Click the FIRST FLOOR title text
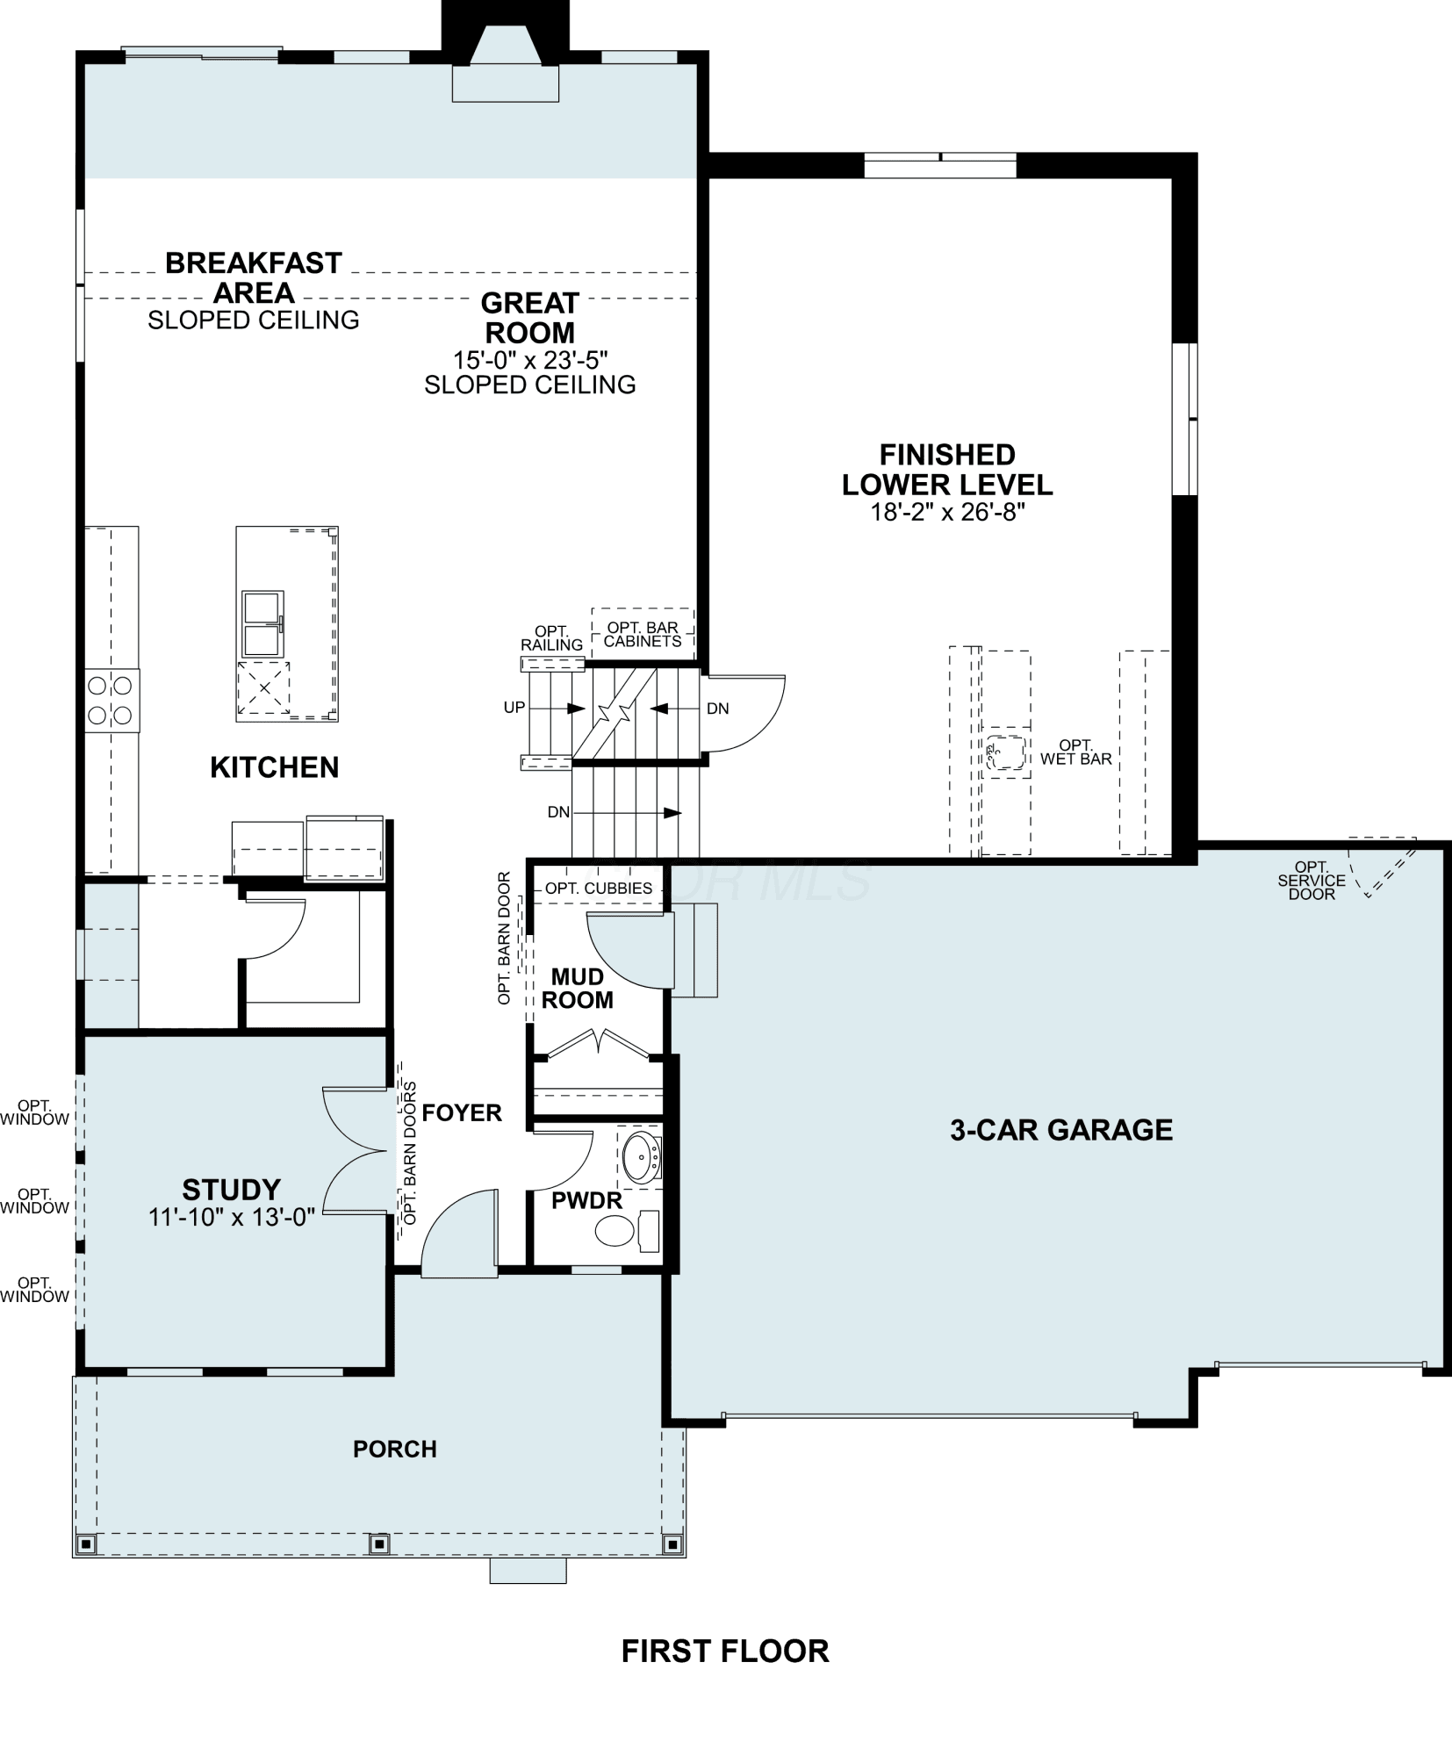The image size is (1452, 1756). click(725, 1652)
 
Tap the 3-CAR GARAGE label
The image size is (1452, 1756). click(1061, 1130)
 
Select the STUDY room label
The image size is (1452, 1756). click(231, 1190)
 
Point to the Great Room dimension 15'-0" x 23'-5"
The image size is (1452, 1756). click(530, 360)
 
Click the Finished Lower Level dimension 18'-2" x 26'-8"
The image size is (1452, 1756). click(948, 512)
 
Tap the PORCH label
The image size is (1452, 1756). click(395, 1449)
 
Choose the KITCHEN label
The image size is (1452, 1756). click(274, 767)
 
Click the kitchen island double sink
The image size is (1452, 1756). click(262, 623)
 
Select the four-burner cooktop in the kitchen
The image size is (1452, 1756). click(111, 700)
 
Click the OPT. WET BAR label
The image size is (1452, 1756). click(1076, 752)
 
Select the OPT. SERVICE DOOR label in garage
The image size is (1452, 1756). click(1312, 881)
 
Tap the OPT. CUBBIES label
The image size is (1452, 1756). click(599, 889)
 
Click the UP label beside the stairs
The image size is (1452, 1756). click(514, 707)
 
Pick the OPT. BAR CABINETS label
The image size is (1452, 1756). click(643, 635)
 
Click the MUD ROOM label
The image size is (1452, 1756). click(578, 989)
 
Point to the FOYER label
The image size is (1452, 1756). click(462, 1113)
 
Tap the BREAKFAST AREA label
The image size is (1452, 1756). click(254, 277)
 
